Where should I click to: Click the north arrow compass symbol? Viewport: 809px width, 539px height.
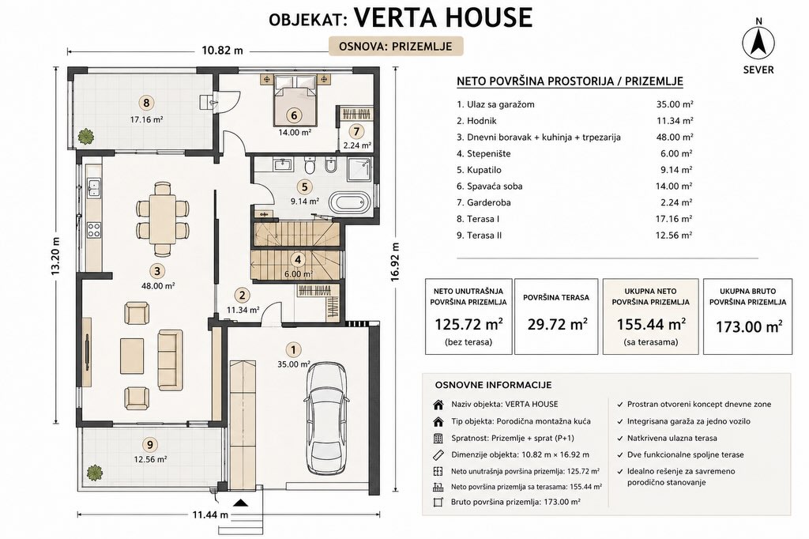click(x=758, y=43)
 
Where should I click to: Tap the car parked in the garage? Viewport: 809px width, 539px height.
click(x=326, y=417)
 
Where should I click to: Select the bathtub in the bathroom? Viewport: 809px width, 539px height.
click(x=350, y=202)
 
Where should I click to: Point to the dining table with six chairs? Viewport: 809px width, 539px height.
click(x=163, y=218)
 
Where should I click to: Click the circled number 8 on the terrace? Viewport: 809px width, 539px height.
click(x=146, y=103)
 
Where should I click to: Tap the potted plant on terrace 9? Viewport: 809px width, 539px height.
click(x=94, y=472)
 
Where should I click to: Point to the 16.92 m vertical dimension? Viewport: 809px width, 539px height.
click(x=395, y=262)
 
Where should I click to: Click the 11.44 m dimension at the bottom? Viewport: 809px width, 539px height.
click(x=210, y=514)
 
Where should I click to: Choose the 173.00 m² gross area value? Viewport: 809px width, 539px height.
click(x=749, y=326)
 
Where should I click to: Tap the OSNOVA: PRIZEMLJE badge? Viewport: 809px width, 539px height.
click(x=396, y=46)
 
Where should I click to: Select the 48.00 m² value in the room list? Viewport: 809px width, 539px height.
click(x=674, y=138)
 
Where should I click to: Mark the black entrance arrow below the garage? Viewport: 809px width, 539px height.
click(x=241, y=503)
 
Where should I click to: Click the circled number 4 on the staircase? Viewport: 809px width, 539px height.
click(x=297, y=260)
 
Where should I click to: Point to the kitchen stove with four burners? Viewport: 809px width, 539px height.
click(x=93, y=230)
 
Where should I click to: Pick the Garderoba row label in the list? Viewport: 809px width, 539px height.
click(x=484, y=202)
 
